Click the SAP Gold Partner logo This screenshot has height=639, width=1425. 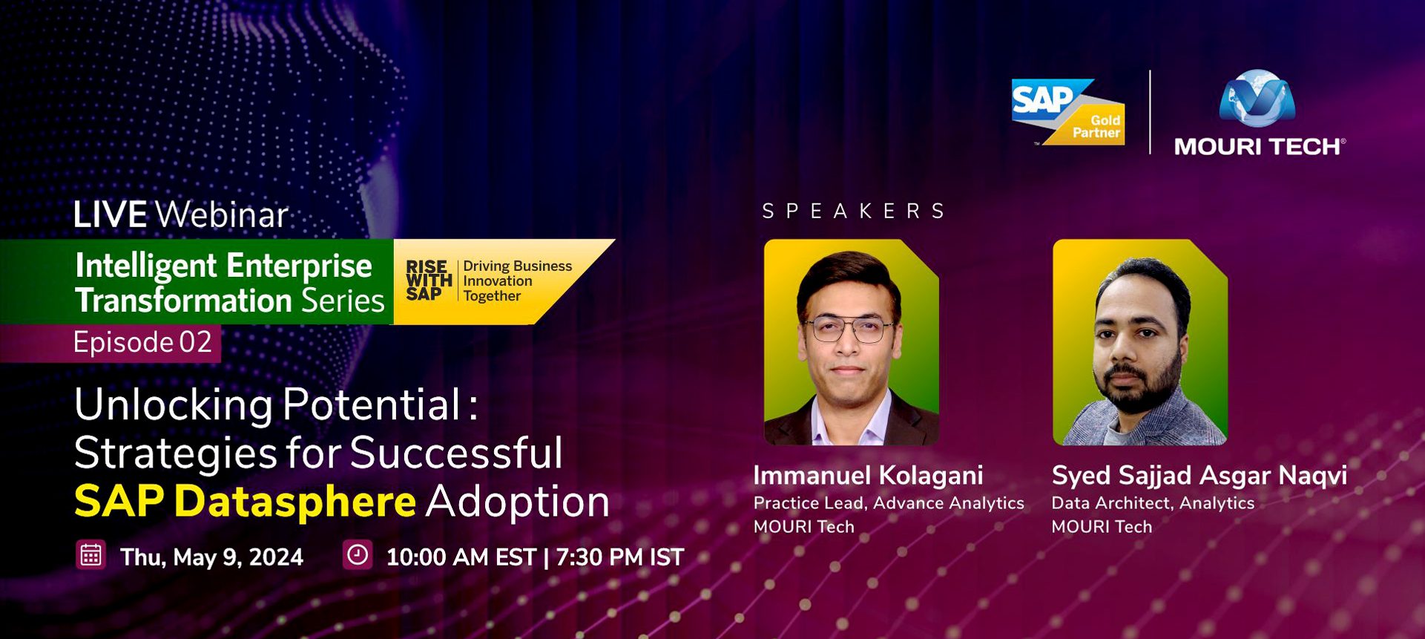(1068, 111)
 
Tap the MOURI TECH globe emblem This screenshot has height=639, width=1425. (1257, 97)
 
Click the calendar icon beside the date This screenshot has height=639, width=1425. (90, 555)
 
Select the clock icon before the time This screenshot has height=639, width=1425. (357, 555)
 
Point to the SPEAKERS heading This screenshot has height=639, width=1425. (854, 212)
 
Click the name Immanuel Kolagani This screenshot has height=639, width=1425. (868, 475)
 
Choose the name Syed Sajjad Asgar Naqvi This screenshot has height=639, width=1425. (1199, 476)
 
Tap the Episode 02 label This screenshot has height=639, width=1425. (142, 342)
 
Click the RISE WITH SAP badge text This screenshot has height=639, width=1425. (429, 281)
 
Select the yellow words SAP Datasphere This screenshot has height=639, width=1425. (245, 502)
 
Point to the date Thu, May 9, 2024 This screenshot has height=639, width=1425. (211, 557)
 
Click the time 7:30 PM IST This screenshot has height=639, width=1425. (619, 557)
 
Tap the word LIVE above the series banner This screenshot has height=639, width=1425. (110, 215)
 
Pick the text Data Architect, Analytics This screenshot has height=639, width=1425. (1153, 503)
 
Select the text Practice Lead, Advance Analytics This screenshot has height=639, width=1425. (889, 503)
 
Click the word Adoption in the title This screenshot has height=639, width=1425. (518, 502)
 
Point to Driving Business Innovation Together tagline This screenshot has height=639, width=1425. (517, 281)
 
